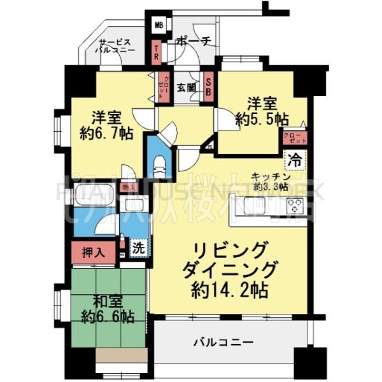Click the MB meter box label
158,27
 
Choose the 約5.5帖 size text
261,119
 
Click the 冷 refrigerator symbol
295,159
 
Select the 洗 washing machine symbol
139,247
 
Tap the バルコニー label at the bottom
223,342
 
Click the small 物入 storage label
128,188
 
